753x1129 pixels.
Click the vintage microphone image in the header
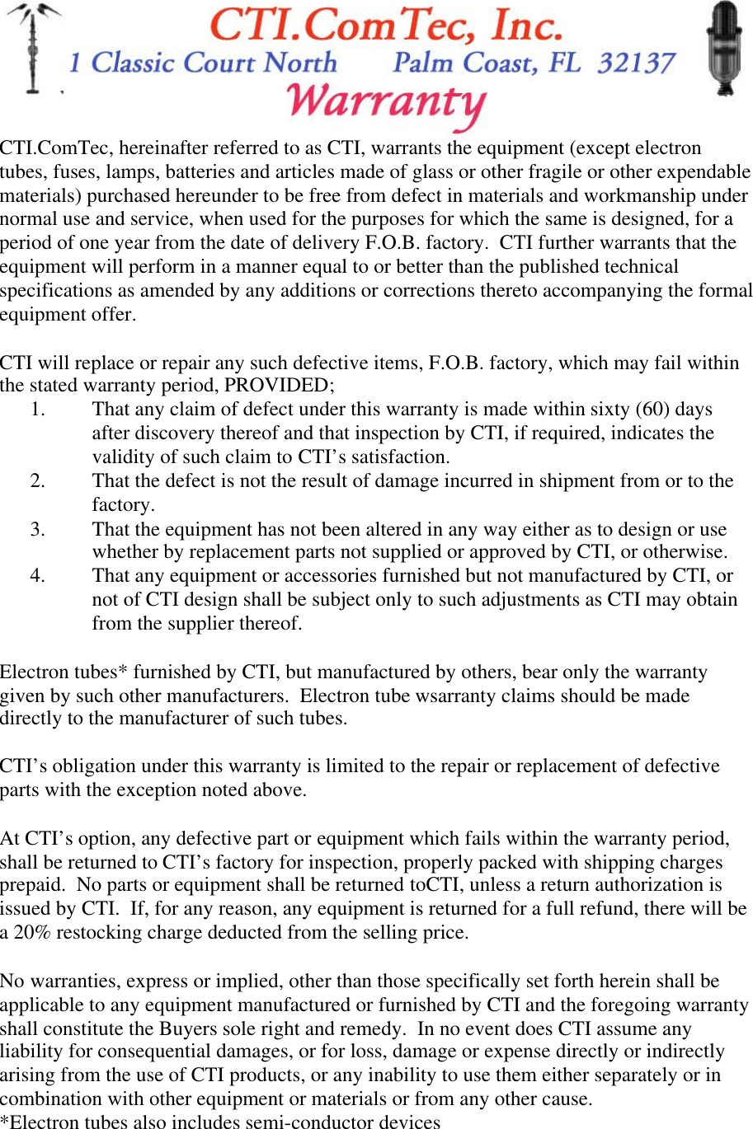(723, 49)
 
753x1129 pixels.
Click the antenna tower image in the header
(33, 48)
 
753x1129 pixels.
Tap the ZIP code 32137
(636, 63)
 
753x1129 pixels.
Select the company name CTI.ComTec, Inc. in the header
(386, 25)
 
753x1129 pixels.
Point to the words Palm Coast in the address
(463, 63)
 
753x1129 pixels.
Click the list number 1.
(38, 410)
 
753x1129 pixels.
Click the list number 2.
(38, 481)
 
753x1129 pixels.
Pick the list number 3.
(38, 529)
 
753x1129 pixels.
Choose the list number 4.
(38, 576)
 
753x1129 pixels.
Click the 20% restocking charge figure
(31, 933)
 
